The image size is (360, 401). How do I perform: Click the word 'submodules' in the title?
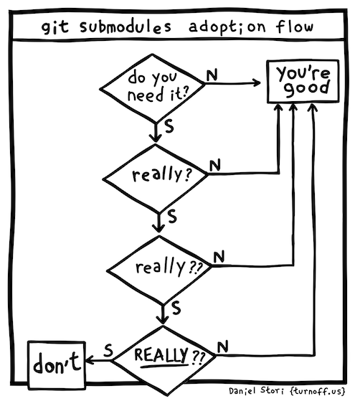point(125,27)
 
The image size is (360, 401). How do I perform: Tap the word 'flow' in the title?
point(294,26)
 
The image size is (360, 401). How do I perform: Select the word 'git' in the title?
point(55,27)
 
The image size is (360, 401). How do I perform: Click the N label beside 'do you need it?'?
point(212,75)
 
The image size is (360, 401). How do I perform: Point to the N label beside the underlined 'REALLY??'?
point(223,346)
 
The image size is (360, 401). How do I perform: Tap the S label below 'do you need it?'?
point(169,126)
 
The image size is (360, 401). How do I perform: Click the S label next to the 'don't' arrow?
point(108,350)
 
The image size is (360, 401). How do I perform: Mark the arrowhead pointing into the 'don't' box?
point(90,361)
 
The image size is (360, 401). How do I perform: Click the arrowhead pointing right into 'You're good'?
point(257,82)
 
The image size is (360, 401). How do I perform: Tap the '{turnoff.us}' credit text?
point(318,391)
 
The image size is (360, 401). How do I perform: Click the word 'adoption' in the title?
point(227,27)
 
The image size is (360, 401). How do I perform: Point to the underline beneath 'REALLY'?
point(165,367)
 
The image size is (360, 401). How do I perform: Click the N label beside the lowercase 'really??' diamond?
point(219,256)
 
